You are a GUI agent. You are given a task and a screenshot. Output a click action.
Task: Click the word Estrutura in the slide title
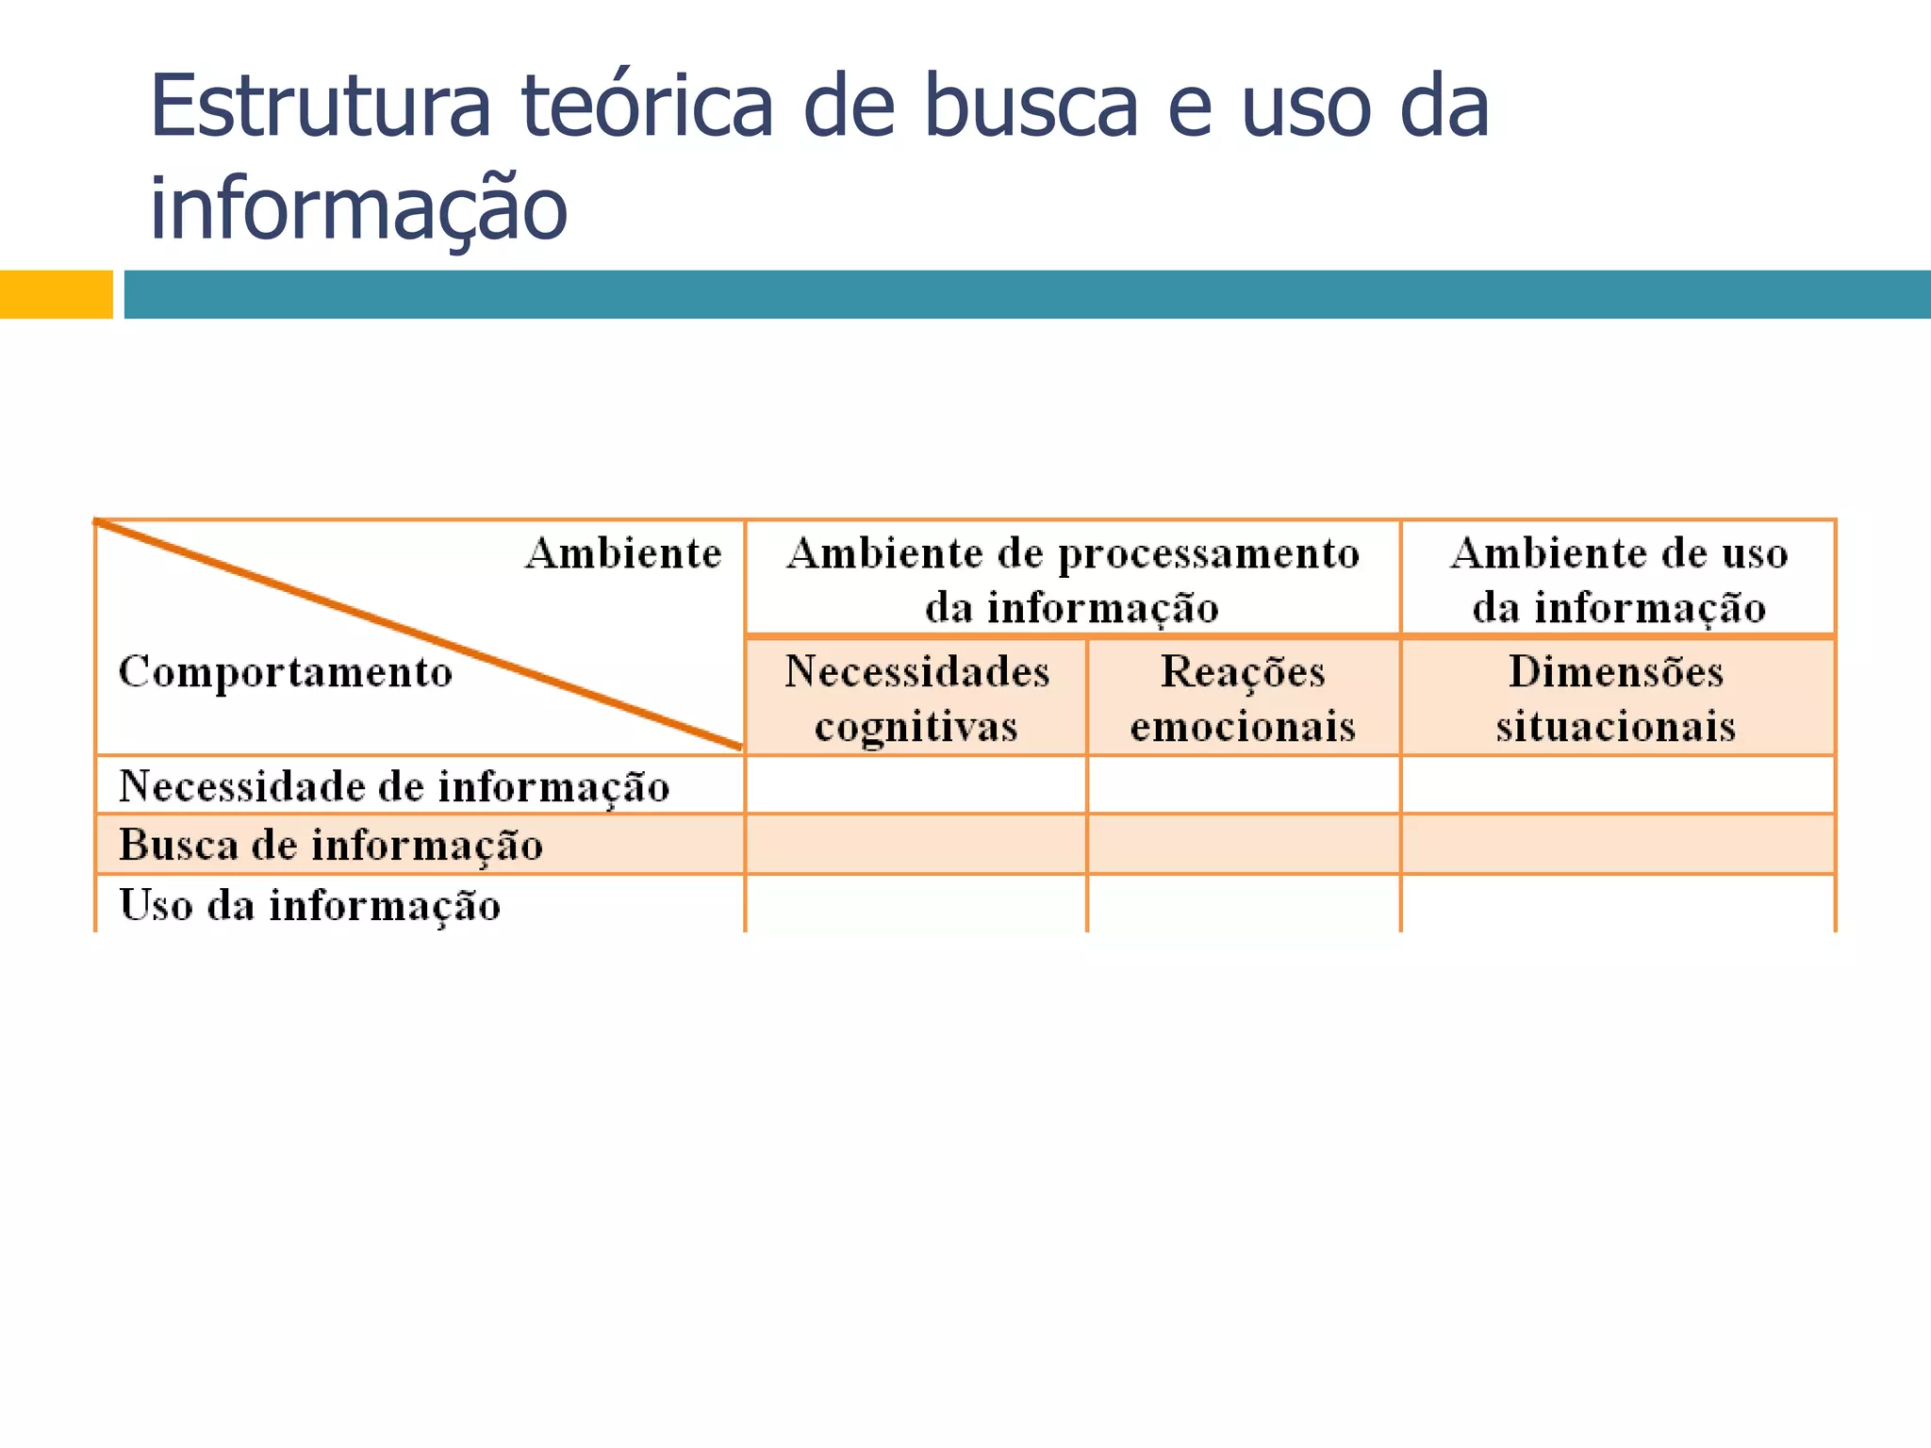pyautogui.click(x=320, y=106)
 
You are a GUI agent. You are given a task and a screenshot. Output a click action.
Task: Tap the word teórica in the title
pyautogui.click(x=647, y=106)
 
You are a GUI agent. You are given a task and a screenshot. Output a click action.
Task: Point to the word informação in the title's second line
pyautogui.click(x=358, y=207)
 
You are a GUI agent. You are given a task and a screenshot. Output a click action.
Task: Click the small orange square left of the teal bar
pyautogui.click(x=56, y=294)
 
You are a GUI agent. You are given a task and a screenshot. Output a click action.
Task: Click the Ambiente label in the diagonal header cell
pyautogui.click(x=623, y=553)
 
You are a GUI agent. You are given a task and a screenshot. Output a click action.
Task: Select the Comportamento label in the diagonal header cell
pyautogui.click(x=286, y=672)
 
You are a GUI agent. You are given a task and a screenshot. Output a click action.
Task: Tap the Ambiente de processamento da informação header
pyautogui.click(x=1072, y=579)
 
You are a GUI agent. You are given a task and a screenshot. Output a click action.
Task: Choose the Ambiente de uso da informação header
pyautogui.click(x=1618, y=579)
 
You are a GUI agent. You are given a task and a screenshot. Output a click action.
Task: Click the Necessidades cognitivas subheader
pyautogui.click(x=916, y=699)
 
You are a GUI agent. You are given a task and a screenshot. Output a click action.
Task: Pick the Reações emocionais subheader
pyautogui.click(x=1243, y=699)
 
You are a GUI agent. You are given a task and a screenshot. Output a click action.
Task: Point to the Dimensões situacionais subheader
pyautogui.click(x=1616, y=699)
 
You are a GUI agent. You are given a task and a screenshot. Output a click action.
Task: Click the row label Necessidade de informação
pyautogui.click(x=394, y=786)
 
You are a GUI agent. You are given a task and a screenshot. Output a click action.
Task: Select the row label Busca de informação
pyautogui.click(x=331, y=845)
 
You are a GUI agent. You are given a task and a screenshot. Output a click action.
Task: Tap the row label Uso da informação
pyautogui.click(x=309, y=905)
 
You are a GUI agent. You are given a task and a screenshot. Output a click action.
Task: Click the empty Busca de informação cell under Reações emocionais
pyautogui.click(x=1243, y=845)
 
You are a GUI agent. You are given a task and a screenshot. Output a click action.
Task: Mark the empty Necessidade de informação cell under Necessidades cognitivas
pyautogui.click(x=916, y=785)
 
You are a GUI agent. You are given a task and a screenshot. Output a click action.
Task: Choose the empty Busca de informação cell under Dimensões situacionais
pyautogui.click(x=1617, y=845)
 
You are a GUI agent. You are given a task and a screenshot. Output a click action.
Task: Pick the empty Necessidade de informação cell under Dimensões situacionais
pyautogui.click(x=1617, y=785)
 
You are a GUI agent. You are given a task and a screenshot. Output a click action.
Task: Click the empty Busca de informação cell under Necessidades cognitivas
pyautogui.click(x=916, y=845)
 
